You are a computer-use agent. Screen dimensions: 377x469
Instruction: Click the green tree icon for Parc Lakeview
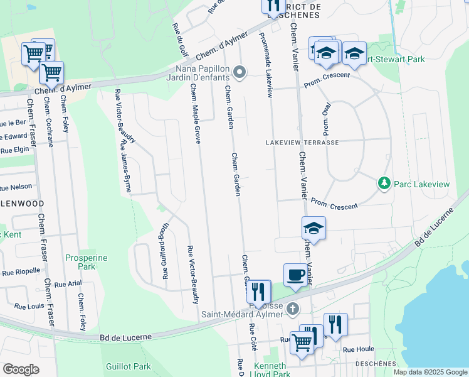click(x=384, y=183)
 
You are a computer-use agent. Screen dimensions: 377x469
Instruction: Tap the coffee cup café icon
click(x=295, y=275)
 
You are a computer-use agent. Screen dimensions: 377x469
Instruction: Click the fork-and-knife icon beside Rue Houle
click(x=335, y=324)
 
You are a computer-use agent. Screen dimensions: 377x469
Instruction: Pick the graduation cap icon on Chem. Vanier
click(x=314, y=227)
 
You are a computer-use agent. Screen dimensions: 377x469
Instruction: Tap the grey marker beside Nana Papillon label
click(x=238, y=71)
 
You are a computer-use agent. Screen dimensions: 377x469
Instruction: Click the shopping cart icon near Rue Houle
click(x=302, y=342)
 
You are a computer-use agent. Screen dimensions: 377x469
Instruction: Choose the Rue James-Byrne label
click(x=126, y=167)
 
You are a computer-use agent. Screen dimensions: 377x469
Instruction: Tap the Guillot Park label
click(x=129, y=366)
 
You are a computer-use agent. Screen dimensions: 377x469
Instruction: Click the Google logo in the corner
click(x=21, y=369)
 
